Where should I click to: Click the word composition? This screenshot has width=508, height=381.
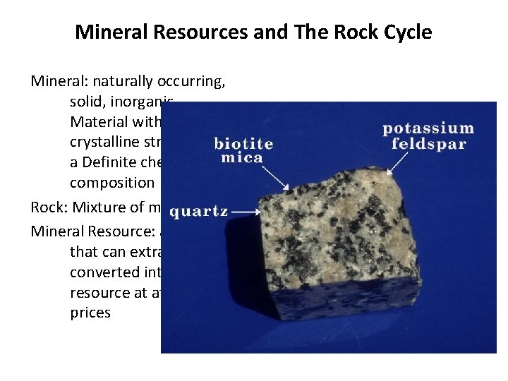click(x=111, y=182)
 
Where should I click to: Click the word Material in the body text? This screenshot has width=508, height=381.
click(x=97, y=121)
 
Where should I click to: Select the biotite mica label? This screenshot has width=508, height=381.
click(x=243, y=150)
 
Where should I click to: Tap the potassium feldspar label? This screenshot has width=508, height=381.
click(x=428, y=135)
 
